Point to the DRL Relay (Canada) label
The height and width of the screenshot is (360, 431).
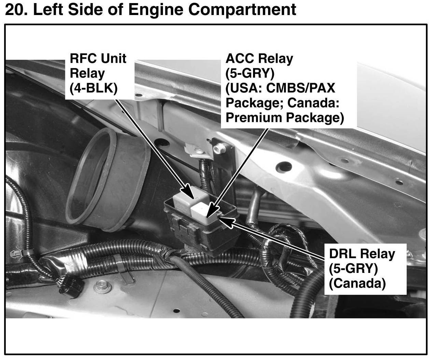point(362,269)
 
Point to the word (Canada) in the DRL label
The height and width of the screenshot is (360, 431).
point(357,283)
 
